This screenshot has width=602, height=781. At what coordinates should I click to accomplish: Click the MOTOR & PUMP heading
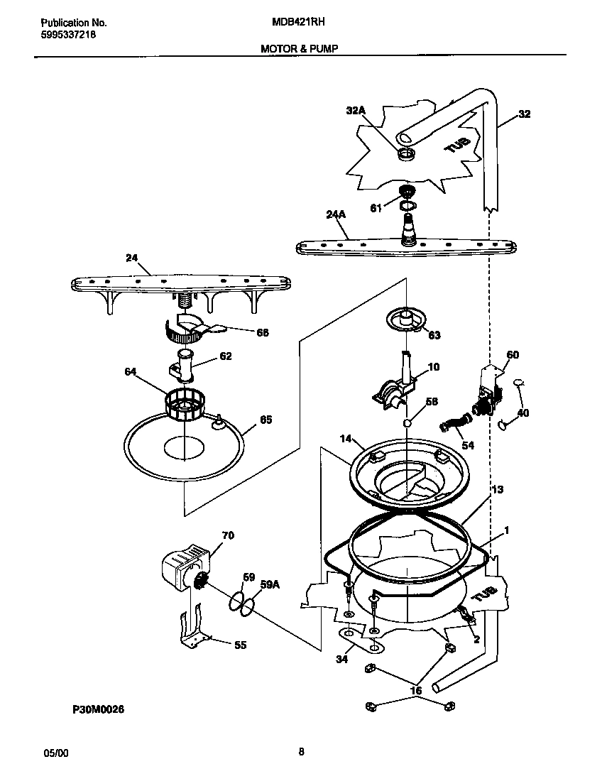point(299,48)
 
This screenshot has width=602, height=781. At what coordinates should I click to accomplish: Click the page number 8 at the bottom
point(301,753)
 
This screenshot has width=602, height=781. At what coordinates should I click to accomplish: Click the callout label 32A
point(355,110)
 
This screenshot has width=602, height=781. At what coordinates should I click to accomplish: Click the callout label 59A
point(270,584)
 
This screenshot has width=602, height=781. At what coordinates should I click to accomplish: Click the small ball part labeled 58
point(408,423)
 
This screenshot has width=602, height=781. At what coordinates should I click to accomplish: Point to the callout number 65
point(266,420)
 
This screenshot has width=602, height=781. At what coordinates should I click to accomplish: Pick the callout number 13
point(497,489)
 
